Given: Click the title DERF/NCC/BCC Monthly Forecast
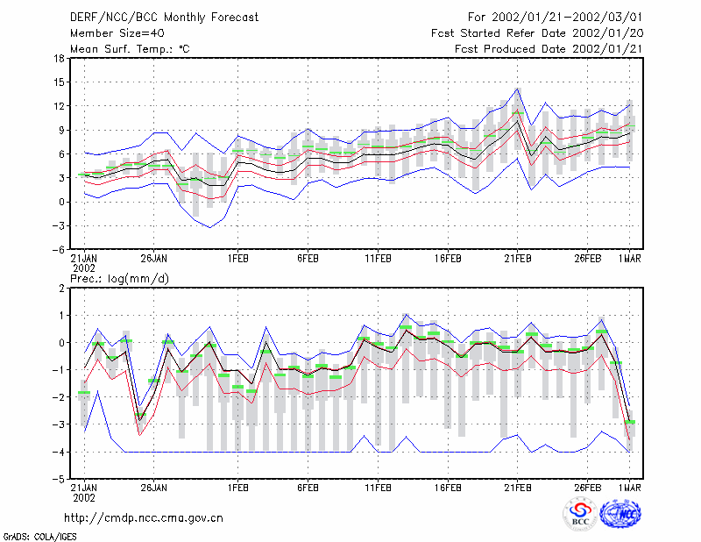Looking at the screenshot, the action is click(164, 18).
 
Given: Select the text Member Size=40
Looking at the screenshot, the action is click(117, 33).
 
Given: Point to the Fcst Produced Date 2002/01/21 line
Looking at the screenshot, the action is click(549, 49).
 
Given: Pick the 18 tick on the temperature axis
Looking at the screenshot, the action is click(59, 58).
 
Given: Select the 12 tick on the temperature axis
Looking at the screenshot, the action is click(59, 106).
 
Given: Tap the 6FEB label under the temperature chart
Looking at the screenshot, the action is click(308, 259).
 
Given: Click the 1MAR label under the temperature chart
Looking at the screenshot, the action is click(630, 259).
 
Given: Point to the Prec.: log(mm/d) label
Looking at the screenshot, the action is click(119, 279).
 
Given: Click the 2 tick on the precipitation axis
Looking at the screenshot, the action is click(61, 289).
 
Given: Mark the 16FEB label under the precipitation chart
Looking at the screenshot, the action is click(448, 488).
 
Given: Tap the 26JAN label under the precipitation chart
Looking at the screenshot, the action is click(154, 488).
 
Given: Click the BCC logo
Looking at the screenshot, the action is click(580, 515).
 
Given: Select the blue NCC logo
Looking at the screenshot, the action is click(620, 514).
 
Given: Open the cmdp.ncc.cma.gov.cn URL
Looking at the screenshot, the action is click(144, 518).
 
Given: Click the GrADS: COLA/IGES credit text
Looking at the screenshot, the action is click(39, 537).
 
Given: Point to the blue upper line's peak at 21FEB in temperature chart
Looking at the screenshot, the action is click(517, 89).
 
